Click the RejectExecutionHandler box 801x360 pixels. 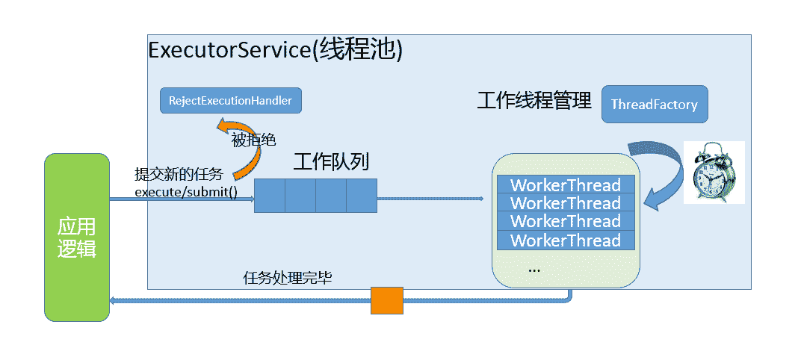point(231,100)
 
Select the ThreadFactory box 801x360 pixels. point(654,105)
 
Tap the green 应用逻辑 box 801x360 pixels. point(77,238)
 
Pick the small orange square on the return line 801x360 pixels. point(387,300)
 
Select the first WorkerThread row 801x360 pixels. point(565,184)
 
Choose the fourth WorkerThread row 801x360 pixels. point(565,240)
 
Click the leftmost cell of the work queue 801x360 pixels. point(270,196)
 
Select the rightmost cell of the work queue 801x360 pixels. point(361,196)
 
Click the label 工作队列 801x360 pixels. point(330,162)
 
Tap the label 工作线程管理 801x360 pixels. point(534,100)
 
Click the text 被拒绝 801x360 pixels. point(253,139)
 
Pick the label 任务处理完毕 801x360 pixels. point(288,279)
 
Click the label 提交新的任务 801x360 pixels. point(179,175)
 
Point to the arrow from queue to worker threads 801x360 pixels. point(430,199)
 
